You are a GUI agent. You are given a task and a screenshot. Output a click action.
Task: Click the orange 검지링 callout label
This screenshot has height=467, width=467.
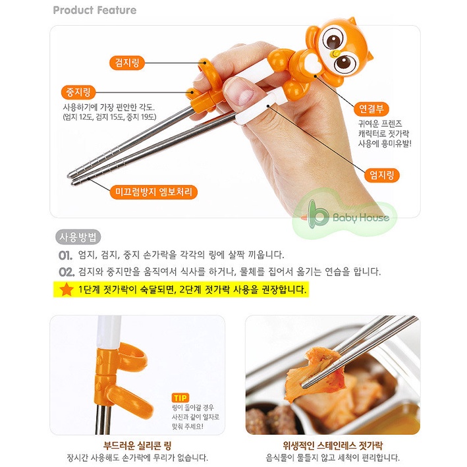click(127, 63)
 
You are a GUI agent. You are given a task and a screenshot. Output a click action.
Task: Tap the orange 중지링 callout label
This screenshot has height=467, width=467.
click(78, 92)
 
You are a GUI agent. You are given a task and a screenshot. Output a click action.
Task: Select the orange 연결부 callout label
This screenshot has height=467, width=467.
click(371, 109)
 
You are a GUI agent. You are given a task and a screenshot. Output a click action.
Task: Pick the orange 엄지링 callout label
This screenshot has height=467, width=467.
click(382, 175)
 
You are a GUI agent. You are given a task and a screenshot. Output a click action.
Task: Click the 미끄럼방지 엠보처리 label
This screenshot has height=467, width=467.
click(153, 192)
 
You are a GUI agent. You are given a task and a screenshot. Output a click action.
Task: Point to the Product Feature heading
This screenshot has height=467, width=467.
click(95, 10)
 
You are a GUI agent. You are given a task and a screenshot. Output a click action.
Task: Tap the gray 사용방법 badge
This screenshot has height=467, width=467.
click(78, 237)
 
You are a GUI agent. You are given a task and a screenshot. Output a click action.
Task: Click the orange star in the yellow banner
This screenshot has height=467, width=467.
click(67, 290)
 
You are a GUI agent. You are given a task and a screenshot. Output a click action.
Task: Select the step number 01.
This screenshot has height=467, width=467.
click(65, 256)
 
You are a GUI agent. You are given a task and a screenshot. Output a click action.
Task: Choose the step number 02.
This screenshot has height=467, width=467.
click(66, 272)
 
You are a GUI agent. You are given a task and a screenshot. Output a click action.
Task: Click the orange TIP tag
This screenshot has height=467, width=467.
click(180, 398)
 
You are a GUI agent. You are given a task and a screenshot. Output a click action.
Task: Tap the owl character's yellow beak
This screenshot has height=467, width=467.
click(336, 53)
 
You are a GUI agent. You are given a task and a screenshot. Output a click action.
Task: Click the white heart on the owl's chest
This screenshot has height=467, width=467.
click(312, 64)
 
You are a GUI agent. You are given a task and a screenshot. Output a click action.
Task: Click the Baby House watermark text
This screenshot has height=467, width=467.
click(361, 217)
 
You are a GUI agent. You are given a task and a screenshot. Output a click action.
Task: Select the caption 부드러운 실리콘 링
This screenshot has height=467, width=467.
click(137, 446)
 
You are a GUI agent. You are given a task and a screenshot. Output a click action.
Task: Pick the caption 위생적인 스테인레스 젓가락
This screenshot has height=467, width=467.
click(333, 446)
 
